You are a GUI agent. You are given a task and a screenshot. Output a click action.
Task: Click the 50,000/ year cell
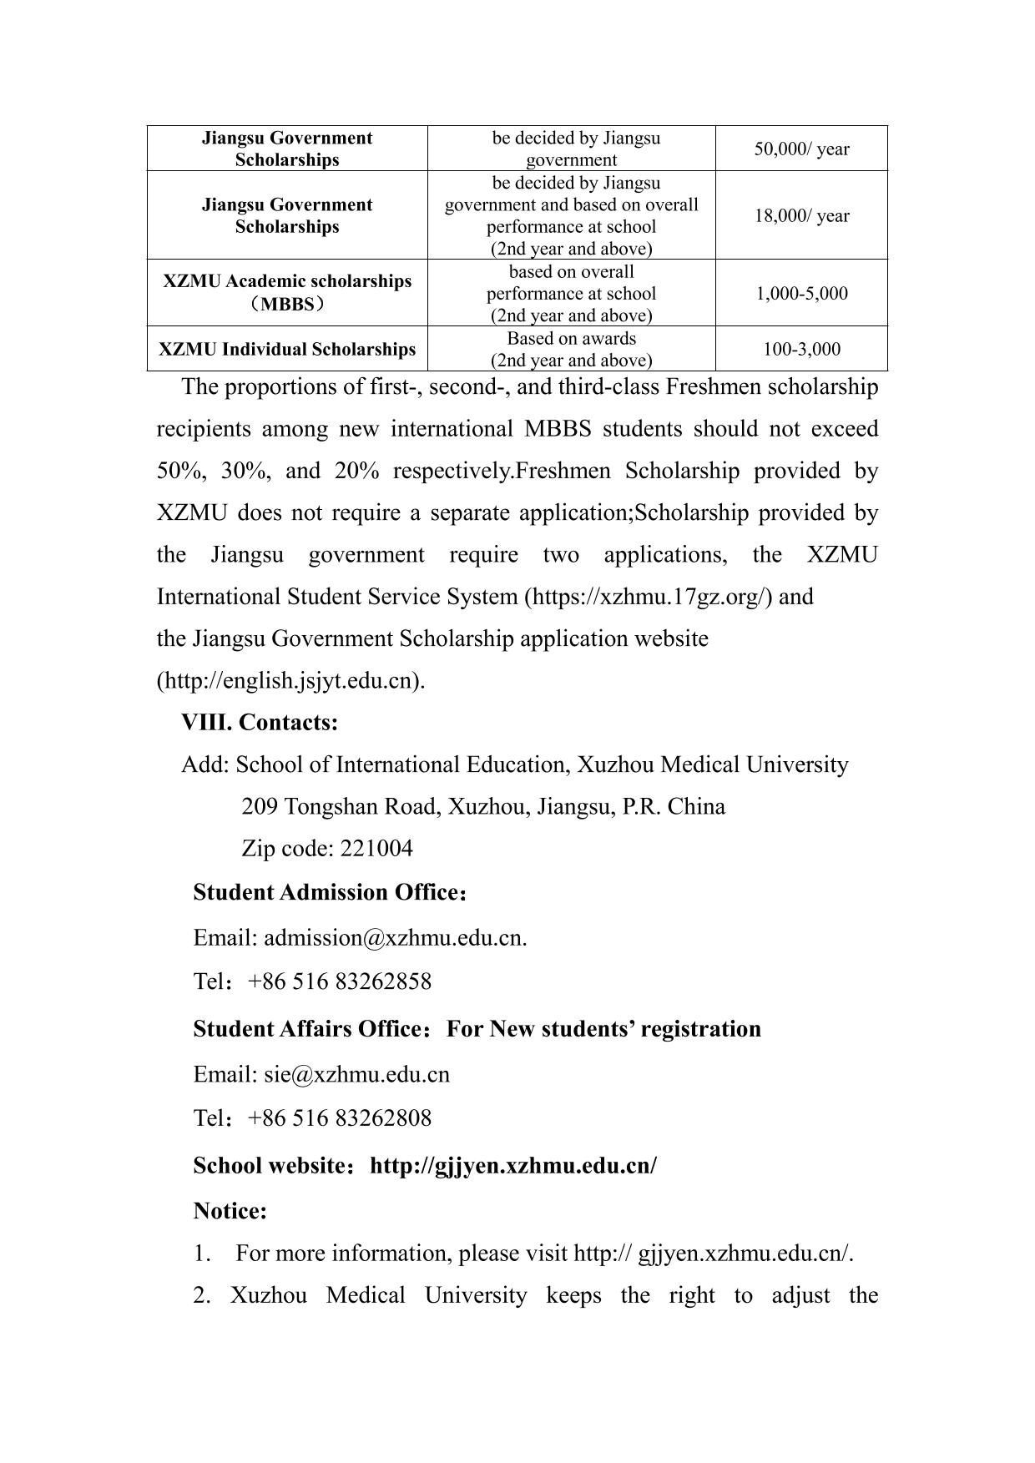coord(801,149)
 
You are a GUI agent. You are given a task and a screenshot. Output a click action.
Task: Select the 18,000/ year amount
coord(801,216)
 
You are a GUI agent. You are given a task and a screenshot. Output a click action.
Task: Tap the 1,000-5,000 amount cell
coord(801,293)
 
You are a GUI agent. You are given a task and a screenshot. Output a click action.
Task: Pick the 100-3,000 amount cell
coord(801,349)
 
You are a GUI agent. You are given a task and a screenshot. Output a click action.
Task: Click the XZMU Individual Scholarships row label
coord(287,349)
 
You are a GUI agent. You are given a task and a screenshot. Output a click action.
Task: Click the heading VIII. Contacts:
coord(260,722)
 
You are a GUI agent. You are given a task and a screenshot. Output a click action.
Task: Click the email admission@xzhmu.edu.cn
coord(394,937)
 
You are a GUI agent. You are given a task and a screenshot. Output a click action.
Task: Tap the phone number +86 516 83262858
coord(340,981)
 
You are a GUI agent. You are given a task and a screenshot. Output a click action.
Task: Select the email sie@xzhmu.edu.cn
coord(356,1074)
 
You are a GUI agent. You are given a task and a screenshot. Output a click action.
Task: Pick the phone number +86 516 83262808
coord(340,1118)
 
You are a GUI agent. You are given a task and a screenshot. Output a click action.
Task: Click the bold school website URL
coord(512,1165)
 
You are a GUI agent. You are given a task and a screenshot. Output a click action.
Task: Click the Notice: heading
coord(230,1210)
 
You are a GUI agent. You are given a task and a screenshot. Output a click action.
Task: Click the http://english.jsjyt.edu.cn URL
coord(290,681)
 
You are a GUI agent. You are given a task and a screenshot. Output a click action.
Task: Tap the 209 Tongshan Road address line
coord(482,807)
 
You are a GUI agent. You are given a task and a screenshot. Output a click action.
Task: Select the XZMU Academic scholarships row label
coord(287,292)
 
